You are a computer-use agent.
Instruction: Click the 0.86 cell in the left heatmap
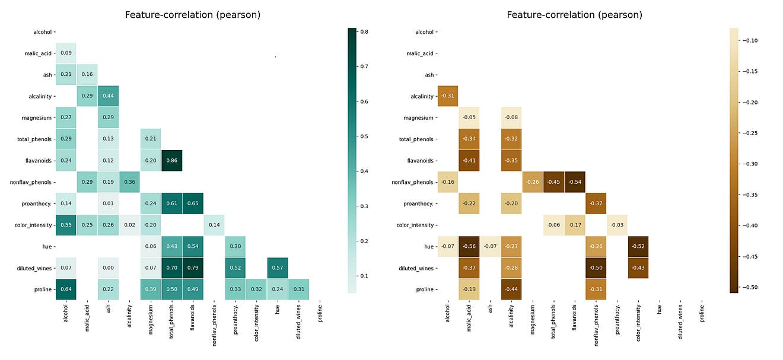[171, 160]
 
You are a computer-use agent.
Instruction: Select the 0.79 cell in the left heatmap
[193, 267]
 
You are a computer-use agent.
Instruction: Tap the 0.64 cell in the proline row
[66, 289]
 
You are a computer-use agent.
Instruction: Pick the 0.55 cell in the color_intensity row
[66, 225]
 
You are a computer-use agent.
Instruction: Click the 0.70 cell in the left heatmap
[171, 267]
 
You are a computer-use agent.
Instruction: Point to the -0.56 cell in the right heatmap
[469, 246]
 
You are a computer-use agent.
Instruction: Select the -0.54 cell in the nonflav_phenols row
[575, 181]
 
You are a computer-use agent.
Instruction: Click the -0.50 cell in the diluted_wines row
[596, 267]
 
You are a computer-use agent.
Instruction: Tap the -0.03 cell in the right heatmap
[617, 225]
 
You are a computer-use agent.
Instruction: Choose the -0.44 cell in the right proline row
[511, 289]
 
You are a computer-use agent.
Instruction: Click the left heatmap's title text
[192, 15]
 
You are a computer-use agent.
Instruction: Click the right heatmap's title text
[574, 15]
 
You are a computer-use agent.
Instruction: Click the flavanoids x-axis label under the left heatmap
[193, 320]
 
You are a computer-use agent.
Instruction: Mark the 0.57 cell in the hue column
[278, 267]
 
